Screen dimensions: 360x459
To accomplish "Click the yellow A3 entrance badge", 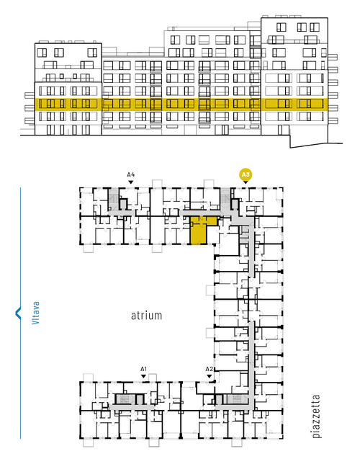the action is [x=246, y=175].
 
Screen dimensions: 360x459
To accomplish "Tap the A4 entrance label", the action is [x=131, y=175].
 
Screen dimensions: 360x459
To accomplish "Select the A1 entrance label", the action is [x=143, y=369].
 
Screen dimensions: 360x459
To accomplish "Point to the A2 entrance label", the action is [x=209, y=369].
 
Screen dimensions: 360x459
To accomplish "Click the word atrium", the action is [x=146, y=316].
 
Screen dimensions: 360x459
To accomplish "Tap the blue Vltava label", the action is [x=35, y=313].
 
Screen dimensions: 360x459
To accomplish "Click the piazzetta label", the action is [x=316, y=416].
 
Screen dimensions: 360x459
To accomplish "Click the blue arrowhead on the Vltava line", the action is [x=18, y=313].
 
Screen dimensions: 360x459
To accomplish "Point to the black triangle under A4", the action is [x=131, y=182].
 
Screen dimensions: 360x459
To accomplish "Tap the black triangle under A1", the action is [x=143, y=376].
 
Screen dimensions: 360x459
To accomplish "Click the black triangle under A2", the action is [x=209, y=376].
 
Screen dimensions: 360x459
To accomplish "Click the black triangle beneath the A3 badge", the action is [x=246, y=182].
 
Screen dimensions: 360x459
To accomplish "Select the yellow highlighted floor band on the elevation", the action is [x=179, y=104].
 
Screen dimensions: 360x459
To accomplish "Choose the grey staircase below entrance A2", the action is [x=236, y=399].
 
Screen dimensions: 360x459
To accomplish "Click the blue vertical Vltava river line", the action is [x=20, y=313].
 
